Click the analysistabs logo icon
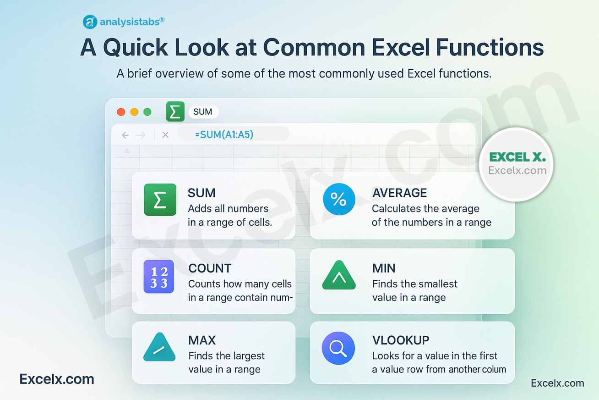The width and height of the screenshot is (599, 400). (x=90, y=22)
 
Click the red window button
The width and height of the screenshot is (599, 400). (x=121, y=112)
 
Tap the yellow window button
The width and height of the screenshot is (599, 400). (x=134, y=112)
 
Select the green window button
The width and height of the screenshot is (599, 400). (x=147, y=112)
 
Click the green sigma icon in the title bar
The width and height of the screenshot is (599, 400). (x=175, y=111)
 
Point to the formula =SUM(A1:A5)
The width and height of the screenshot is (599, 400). (x=224, y=134)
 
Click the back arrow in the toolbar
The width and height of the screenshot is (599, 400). (x=125, y=135)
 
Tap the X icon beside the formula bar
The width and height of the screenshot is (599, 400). (x=165, y=135)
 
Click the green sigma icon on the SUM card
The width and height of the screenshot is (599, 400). (x=160, y=200)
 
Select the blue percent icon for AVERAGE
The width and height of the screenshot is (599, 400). (x=339, y=199)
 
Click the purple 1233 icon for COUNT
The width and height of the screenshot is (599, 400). (x=159, y=277)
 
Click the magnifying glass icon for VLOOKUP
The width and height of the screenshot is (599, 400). (x=338, y=348)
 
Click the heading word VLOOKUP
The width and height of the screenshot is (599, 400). (x=401, y=340)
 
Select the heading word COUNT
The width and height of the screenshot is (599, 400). (x=210, y=268)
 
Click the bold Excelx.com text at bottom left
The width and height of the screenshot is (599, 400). (x=57, y=379)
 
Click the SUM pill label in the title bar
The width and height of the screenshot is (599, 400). (x=203, y=112)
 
